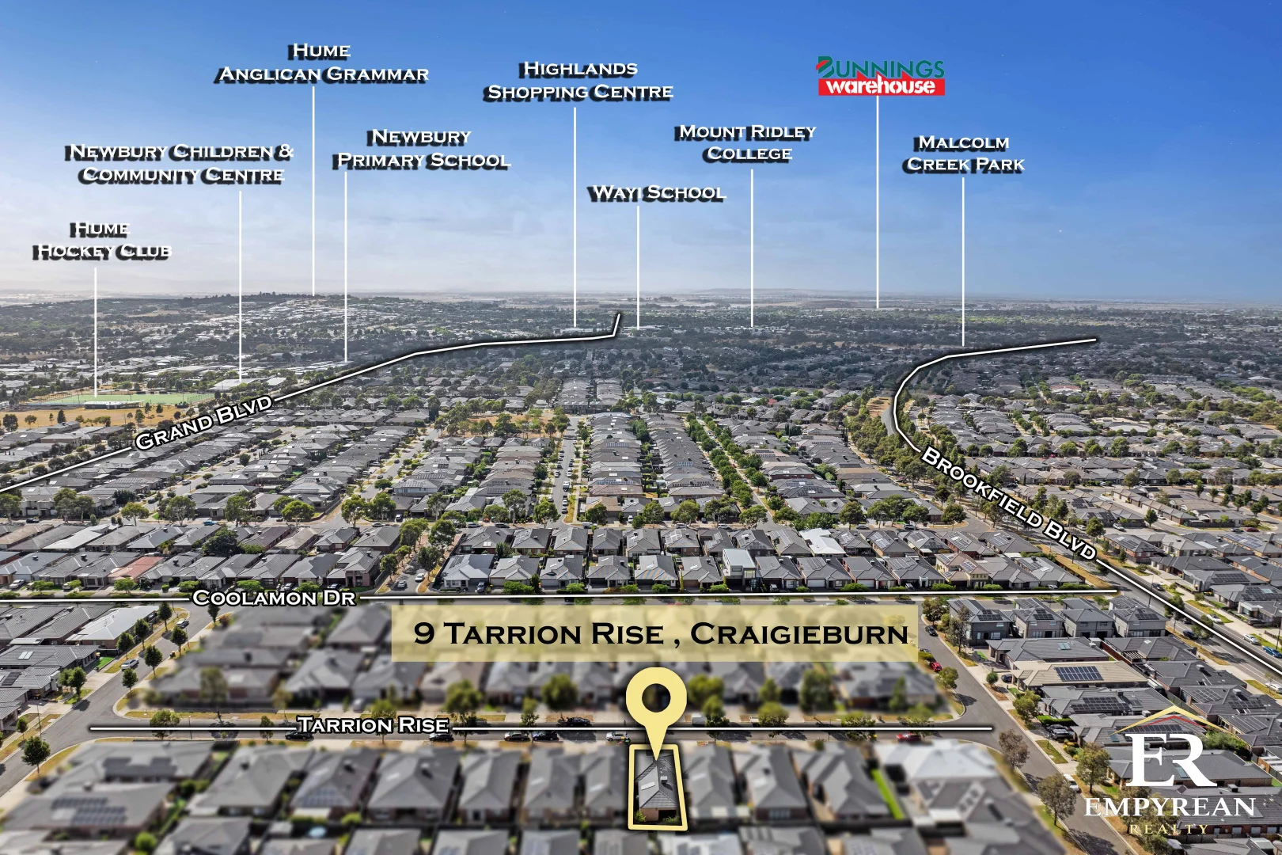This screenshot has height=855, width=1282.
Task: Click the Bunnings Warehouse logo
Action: coord(880,77)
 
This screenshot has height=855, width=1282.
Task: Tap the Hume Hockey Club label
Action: coord(101,241)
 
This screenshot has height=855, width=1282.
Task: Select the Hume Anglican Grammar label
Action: coord(323,63)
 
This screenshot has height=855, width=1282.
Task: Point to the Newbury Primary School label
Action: coord(423,149)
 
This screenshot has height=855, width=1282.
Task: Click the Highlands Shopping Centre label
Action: coord(579,81)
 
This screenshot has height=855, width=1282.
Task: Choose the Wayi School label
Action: coord(656,193)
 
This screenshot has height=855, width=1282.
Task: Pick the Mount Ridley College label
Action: coord(748,142)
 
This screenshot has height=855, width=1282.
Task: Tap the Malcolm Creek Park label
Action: coord(965,154)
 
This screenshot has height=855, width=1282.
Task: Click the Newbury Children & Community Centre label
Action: coord(180,163)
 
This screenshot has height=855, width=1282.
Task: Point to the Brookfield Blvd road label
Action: coord(1009,503)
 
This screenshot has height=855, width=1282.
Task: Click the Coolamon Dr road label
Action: coord(274,598)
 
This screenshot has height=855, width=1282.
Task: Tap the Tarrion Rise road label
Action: coord(373,724)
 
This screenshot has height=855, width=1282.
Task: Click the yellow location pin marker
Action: coord(654,701)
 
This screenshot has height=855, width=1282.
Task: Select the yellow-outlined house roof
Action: coord(654,784)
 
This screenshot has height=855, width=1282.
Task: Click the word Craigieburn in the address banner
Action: coord(799,634)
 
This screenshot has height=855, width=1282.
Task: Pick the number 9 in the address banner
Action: coord(423,633)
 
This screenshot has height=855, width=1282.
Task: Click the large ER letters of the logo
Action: coord(1170,760)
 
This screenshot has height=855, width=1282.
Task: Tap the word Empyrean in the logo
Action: coord(1170,807)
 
